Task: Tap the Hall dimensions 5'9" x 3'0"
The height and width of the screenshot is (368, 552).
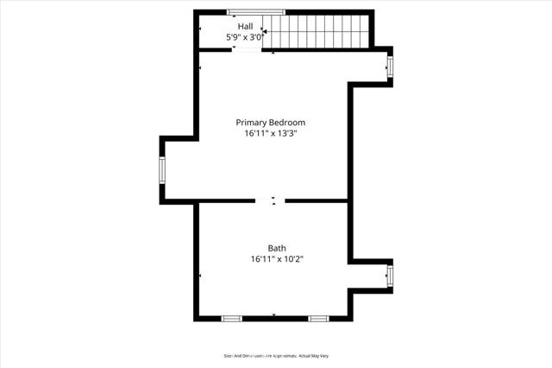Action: pos(244,38)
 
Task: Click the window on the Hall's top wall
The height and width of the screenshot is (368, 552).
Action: pos(255,11)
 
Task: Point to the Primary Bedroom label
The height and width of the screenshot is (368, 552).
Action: pos(271,123)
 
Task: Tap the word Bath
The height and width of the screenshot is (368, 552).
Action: pos(276,247)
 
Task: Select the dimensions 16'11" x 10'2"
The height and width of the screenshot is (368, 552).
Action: pos(278,258)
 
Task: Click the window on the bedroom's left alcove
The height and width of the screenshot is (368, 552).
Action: pos(161,169)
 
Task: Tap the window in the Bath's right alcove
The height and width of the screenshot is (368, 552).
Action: pos(390,276)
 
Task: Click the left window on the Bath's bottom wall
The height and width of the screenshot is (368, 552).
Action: pos(232,318)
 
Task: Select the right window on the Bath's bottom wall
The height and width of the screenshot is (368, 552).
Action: pos(318,318)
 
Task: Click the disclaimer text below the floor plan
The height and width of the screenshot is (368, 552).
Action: pos(275,355)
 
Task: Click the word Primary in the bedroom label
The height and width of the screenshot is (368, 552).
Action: pos(253,123)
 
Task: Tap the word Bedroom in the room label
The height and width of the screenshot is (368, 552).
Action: pos(288,123)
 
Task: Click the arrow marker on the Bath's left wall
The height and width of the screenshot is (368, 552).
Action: pos(201,276)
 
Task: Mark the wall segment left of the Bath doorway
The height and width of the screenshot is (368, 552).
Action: pos(227,200)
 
